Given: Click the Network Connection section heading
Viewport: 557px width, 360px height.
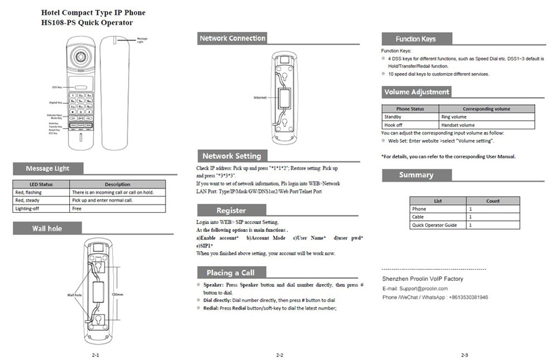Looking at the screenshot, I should click(x=232, y=38).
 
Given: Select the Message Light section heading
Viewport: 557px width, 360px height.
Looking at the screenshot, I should click(x=48, y=168).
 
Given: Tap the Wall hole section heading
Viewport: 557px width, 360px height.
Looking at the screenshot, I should click(x=47, y=229).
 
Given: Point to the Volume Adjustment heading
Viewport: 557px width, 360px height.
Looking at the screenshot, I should click(x=417, y=92).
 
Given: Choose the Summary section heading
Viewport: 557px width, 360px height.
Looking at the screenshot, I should click(x=416, y=175).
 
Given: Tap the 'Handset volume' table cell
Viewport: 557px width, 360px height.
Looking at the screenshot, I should click(x=457, y=125).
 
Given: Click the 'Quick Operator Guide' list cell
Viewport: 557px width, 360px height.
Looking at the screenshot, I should click(x=434, y=225).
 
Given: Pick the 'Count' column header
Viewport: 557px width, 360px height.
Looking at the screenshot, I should click(x=493, y=201).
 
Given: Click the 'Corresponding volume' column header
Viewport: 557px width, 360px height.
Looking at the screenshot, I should click(x=486, y=109).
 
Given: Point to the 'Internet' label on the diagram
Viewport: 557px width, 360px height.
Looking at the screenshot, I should click(x=260, y=98).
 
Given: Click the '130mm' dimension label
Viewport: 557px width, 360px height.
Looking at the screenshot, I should click(x=116, y=294).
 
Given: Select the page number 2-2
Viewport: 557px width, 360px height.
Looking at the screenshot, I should click(x=279, y=355).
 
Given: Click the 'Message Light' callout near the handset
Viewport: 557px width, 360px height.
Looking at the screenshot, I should click(x=142, y=40).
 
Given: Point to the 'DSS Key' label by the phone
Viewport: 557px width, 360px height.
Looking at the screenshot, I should click(x=57, y=87).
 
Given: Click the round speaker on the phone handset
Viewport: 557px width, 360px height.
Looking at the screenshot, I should click(x=81, y=55).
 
